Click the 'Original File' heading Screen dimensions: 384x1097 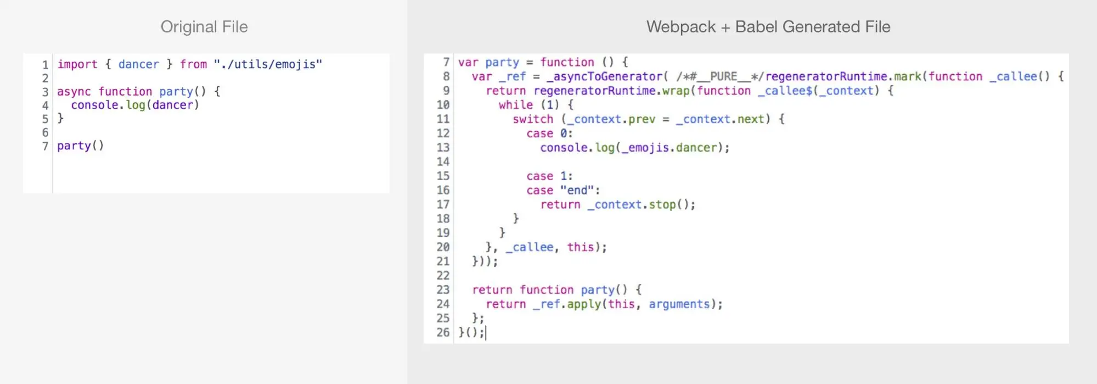tap(204, 27)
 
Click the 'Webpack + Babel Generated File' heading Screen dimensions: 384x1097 tap(768, 27)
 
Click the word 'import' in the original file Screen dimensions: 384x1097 tap(77, 64)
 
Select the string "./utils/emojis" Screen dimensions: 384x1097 tap(268, 64)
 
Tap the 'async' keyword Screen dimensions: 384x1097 tap(74, 92)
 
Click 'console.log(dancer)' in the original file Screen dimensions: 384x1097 tap(135, 105)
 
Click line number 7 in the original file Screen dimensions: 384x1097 tap(46, 146)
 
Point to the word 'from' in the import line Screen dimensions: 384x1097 tap(194, 64)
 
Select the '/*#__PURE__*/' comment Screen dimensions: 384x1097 tap(720, 77)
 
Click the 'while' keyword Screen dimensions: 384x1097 tap(516, 105)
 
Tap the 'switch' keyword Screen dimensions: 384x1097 tap(533, 119)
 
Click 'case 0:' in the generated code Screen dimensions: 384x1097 tap(549, 133)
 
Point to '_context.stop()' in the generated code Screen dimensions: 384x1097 tap(641, 205)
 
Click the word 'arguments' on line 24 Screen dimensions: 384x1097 tap(679, 304)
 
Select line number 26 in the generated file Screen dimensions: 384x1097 tap(443, 332)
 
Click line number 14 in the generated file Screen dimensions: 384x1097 tap(443, 162)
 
